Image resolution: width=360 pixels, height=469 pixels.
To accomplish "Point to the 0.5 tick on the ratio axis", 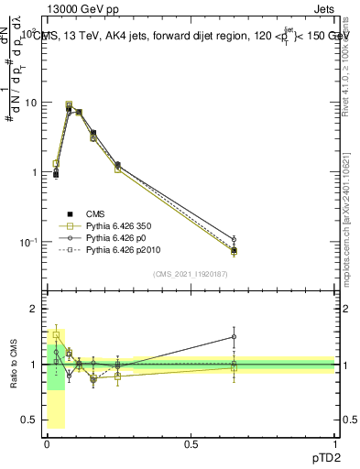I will click(30, 420).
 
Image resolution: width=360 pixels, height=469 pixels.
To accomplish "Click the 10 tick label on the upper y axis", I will click(30, 103).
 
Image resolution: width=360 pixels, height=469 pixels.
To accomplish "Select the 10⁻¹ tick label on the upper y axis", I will click(28, 242).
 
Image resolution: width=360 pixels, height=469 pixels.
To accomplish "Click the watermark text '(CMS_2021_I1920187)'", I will click(191, 274).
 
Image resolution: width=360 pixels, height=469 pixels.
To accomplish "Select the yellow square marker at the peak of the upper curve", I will click(69, 105).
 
